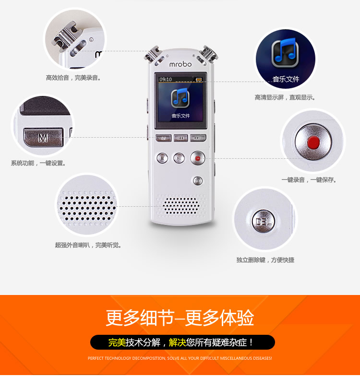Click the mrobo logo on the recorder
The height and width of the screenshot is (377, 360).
tap(180, 64)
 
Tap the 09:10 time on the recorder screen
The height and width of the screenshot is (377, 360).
tap(166, 79)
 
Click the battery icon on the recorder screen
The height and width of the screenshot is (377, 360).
tap(199, 79)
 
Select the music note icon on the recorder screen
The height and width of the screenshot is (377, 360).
tap(180, 98)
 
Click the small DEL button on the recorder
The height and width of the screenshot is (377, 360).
tap(198, 181)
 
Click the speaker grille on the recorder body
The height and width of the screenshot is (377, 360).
tap(181, 206)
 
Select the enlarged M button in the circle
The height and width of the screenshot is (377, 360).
tap(43, 137)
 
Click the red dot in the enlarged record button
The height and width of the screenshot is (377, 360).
tap(313, 142)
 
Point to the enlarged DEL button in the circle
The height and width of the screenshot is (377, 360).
tap(264, 222)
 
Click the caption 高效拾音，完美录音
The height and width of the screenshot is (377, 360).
tap(73, 78)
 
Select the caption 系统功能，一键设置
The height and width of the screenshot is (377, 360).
tap(38, 163)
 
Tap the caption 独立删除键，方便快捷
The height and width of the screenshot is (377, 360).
tap(265, 260)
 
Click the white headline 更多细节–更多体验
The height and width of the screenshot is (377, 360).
tap(180, 318)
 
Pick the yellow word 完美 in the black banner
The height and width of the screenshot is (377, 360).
tap(117, 342)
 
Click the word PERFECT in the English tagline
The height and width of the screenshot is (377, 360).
tap(96, 358)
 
